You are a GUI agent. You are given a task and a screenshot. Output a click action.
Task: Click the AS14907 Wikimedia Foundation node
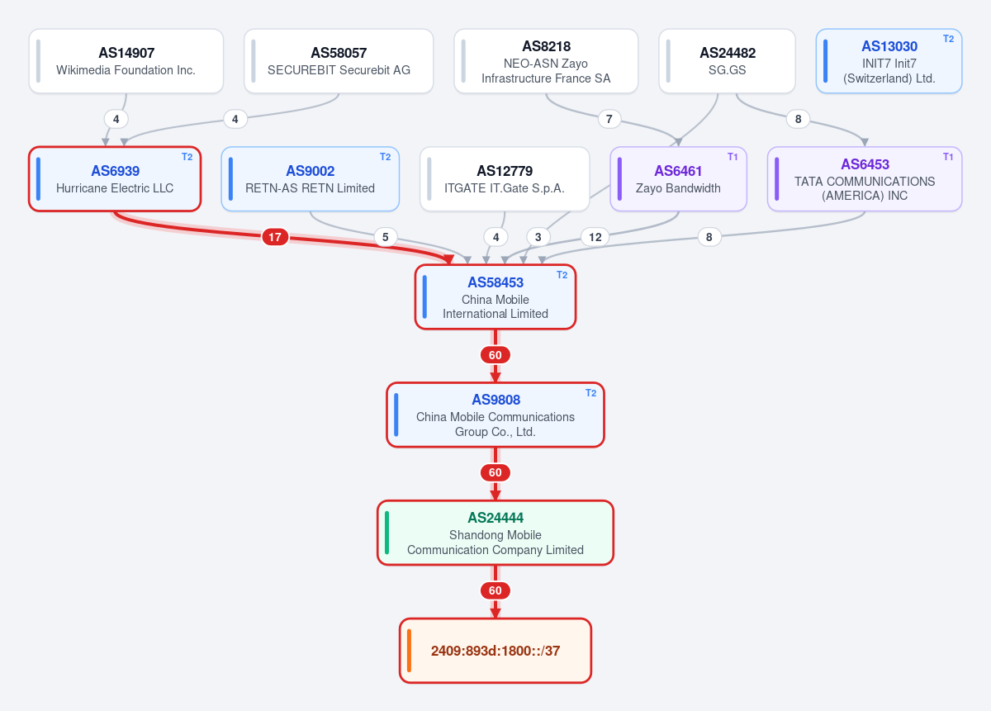pos(126,61)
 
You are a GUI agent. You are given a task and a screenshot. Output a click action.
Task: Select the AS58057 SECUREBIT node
pos(339,61)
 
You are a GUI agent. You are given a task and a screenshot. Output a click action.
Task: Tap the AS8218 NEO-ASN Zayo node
pos(546,61)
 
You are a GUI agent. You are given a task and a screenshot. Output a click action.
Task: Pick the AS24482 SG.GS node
pos(727,61)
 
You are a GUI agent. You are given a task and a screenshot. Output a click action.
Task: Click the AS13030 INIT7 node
pos(889,61)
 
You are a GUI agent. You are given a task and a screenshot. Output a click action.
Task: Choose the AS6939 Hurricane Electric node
pos(115,178)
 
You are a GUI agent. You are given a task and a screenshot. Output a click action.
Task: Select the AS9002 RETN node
pos(311,178)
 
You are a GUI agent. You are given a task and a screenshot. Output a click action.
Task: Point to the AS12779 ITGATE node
pos(505,178)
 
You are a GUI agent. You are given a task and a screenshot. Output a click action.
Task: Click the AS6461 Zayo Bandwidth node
pos(678,178)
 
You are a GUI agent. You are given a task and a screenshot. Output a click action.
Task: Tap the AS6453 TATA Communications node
pos(865,178)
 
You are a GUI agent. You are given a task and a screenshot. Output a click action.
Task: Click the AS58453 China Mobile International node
pos(495,297)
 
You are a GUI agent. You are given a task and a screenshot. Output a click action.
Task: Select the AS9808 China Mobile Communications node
pos(495,415)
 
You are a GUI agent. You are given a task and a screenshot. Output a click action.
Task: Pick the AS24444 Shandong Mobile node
pos(495,533)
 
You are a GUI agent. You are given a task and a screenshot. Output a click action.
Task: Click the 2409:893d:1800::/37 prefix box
pos(495,651)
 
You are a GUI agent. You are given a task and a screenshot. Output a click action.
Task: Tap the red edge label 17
pos(275,237)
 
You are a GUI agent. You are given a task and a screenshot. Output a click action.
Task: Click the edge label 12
pos(595,237)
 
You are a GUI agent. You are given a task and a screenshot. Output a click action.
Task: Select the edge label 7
pos(609,119)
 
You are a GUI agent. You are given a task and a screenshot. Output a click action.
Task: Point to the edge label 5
pos(386,237)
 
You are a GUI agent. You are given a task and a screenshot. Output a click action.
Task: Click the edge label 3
pos(538,237)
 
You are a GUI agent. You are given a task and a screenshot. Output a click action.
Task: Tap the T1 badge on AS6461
pos(733,157)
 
